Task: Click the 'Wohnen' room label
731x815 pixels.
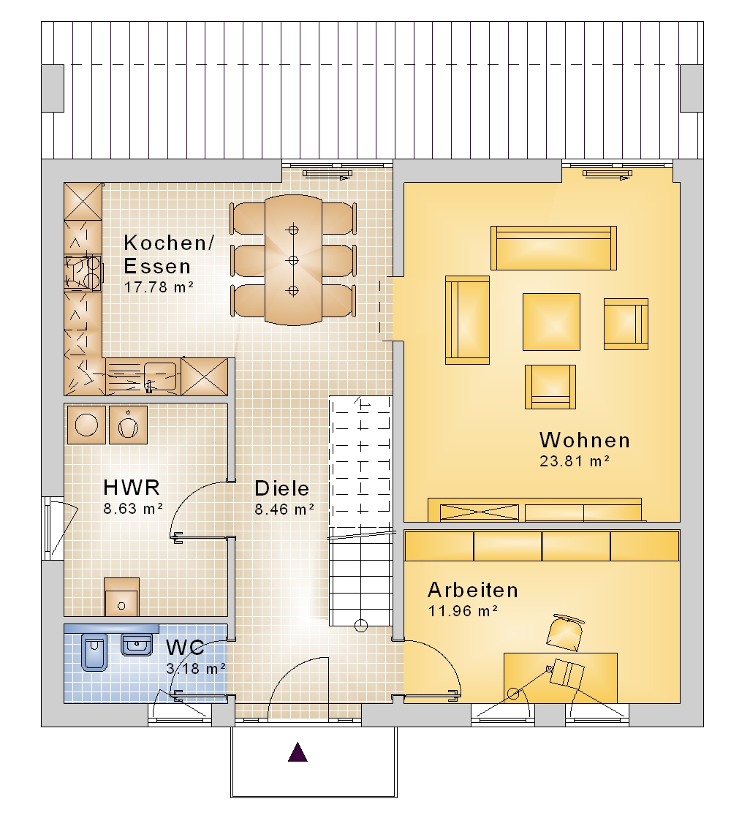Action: click(x=585, y=440)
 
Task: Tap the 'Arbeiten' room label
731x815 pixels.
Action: click(x=473, y=591)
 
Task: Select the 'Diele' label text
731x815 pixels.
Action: click(x=281, y=488)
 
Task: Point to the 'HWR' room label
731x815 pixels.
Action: click(x=132, y=488)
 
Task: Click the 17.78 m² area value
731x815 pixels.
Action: click(x=159, y=287)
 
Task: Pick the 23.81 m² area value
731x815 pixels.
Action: click(x=575, y=461)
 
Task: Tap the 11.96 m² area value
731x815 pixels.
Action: click(x=463, y=611)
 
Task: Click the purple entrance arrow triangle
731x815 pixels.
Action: click(x=298, y=752)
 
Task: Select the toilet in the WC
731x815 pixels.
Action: click(x=94, y=652)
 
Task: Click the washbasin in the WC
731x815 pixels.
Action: click(x=137, y=645)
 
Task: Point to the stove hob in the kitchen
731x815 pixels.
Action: click(x=82, y=273)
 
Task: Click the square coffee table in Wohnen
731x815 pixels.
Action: click(x=551, y=322)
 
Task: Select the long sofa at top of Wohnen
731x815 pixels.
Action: click(x=553, y=248)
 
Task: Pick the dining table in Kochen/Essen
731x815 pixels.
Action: click(x=293, y=260)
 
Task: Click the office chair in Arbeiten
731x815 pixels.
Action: click(x=566, y=632)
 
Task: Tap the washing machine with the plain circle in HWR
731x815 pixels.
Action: click(x=87, y=425)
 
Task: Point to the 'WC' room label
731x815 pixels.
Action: click(x=185, y=648)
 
